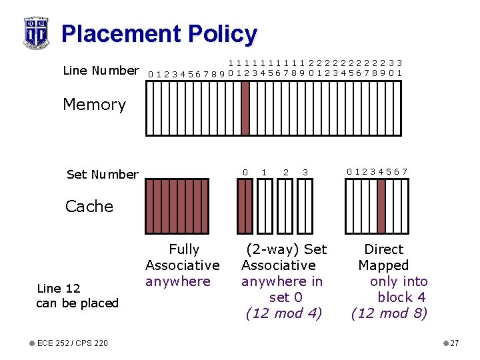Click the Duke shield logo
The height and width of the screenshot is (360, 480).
35,32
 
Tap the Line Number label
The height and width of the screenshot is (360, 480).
101,70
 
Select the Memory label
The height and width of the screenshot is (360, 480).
94,105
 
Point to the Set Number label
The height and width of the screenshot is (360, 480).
103,175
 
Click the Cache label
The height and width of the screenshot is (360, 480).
89,207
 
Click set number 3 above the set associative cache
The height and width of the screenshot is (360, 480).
305,173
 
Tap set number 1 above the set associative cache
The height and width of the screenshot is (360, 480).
265,173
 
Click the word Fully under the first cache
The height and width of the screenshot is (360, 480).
184,249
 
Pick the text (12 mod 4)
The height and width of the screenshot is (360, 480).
284,313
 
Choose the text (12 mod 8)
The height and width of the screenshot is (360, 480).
389,313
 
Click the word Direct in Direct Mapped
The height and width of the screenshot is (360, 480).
383,249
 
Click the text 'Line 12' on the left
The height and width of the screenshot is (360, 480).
59,289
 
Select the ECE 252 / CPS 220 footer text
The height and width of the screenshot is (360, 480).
73,343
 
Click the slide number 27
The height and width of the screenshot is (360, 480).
454,343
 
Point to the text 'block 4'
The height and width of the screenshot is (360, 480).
401,297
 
